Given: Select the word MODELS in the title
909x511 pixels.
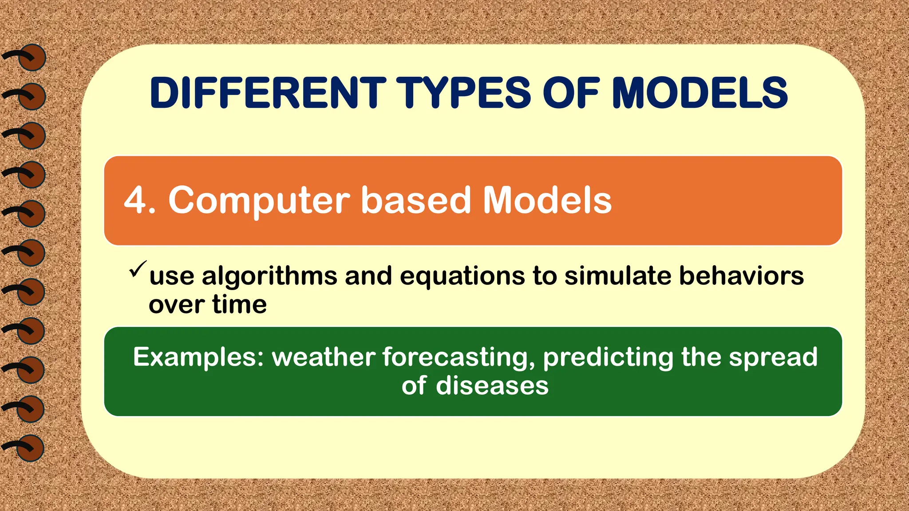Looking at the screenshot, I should click(x=700, y=93).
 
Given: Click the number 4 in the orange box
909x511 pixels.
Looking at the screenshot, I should click(x=135, y=200).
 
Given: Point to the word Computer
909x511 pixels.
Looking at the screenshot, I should click(x=259, y=200).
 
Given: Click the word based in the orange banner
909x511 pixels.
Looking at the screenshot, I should click(x=415, y=200).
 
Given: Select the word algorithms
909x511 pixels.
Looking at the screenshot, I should click(x=269, y=276).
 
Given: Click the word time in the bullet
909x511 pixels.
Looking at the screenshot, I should click(x=239, y=304).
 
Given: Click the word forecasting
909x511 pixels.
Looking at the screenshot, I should click(x=458, y=358).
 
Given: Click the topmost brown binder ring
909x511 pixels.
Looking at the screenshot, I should click(x=32, y=58).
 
